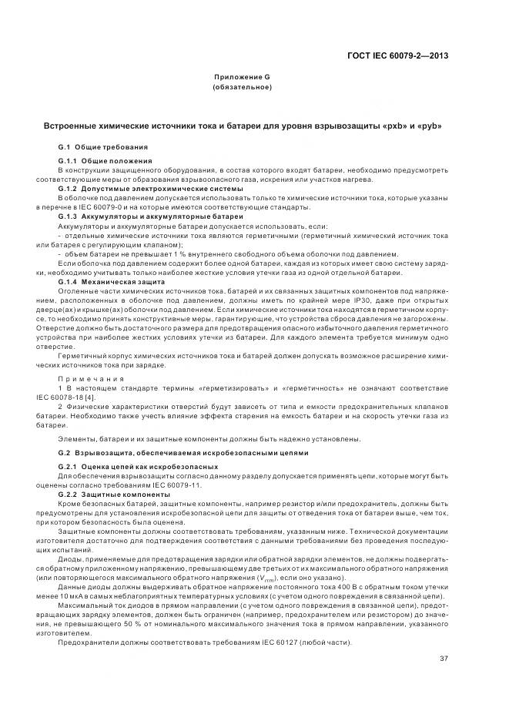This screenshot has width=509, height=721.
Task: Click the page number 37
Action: (x=444, y=657)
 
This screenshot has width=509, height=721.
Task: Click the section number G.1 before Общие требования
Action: (x=65, y=146)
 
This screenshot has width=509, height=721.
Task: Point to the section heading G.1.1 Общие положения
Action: (x=105, y=160)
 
